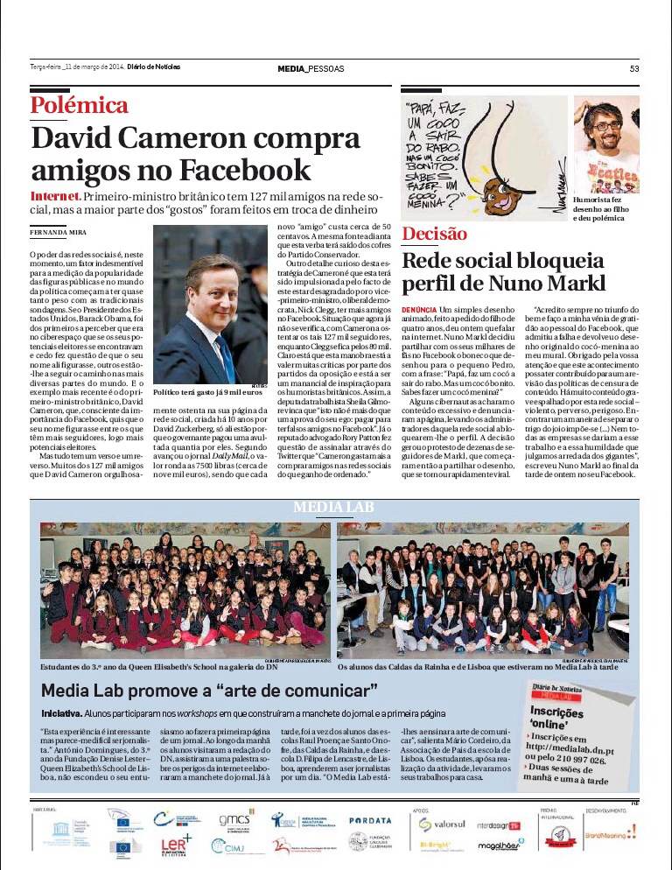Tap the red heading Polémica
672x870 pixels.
pyautogui.click(x=80, y=105)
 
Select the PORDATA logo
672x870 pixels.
pyautogui.click(x=369, y=820)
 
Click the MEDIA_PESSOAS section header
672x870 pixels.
pyautogui.click(x=311, y=69)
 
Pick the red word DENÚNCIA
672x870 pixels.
pyautogui.click(x=419, y=310)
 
